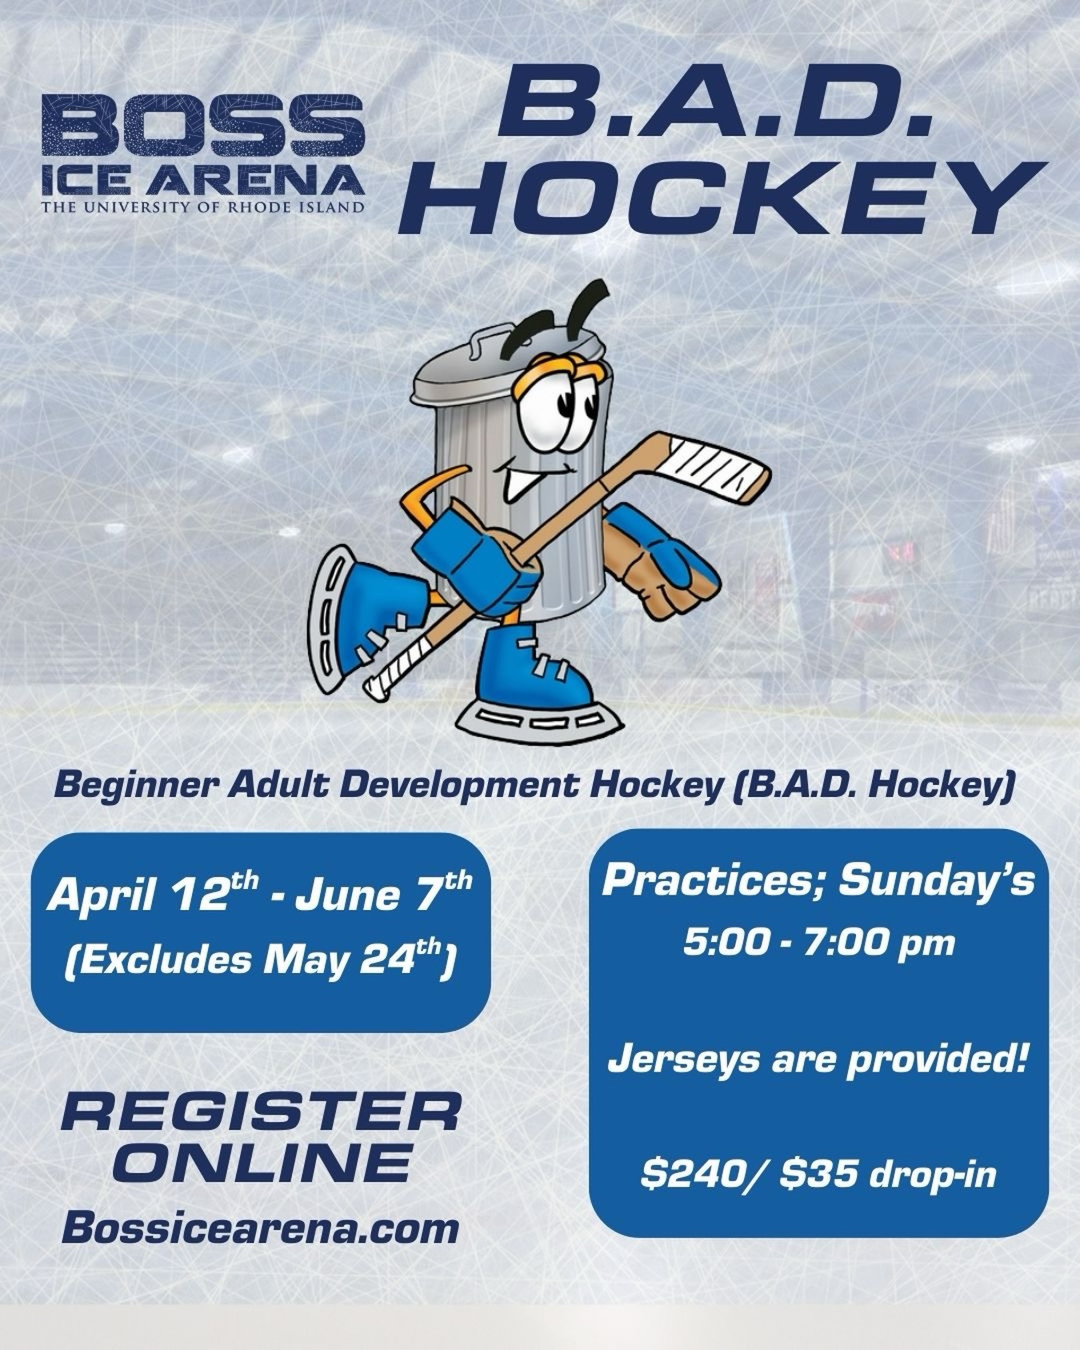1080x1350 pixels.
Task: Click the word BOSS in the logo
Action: tap(203, 126)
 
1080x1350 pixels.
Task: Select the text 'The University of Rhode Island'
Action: tap(203, 207)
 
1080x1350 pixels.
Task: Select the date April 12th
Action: tap(153, 893)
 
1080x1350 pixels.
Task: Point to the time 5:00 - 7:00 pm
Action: tap(818, 943)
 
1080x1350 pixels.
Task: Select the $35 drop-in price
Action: tap(888, 1174)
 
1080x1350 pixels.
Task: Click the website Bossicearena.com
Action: tap(260, 1229)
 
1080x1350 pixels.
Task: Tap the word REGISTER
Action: tap(261, 1112)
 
